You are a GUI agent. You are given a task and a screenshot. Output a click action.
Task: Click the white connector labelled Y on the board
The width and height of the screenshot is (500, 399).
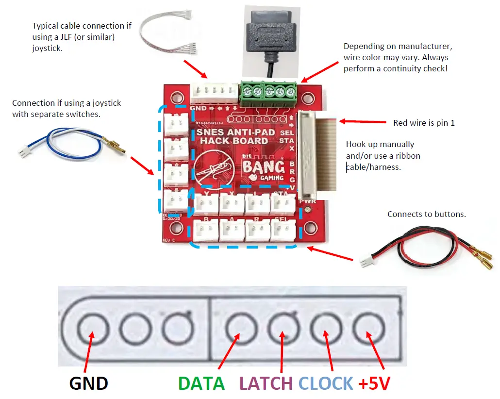pos(206,205)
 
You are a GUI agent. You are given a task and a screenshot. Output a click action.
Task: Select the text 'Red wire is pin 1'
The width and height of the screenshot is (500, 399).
pos(424,123)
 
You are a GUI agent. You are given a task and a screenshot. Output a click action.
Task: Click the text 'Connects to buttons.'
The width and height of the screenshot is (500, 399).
pos(426,214)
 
